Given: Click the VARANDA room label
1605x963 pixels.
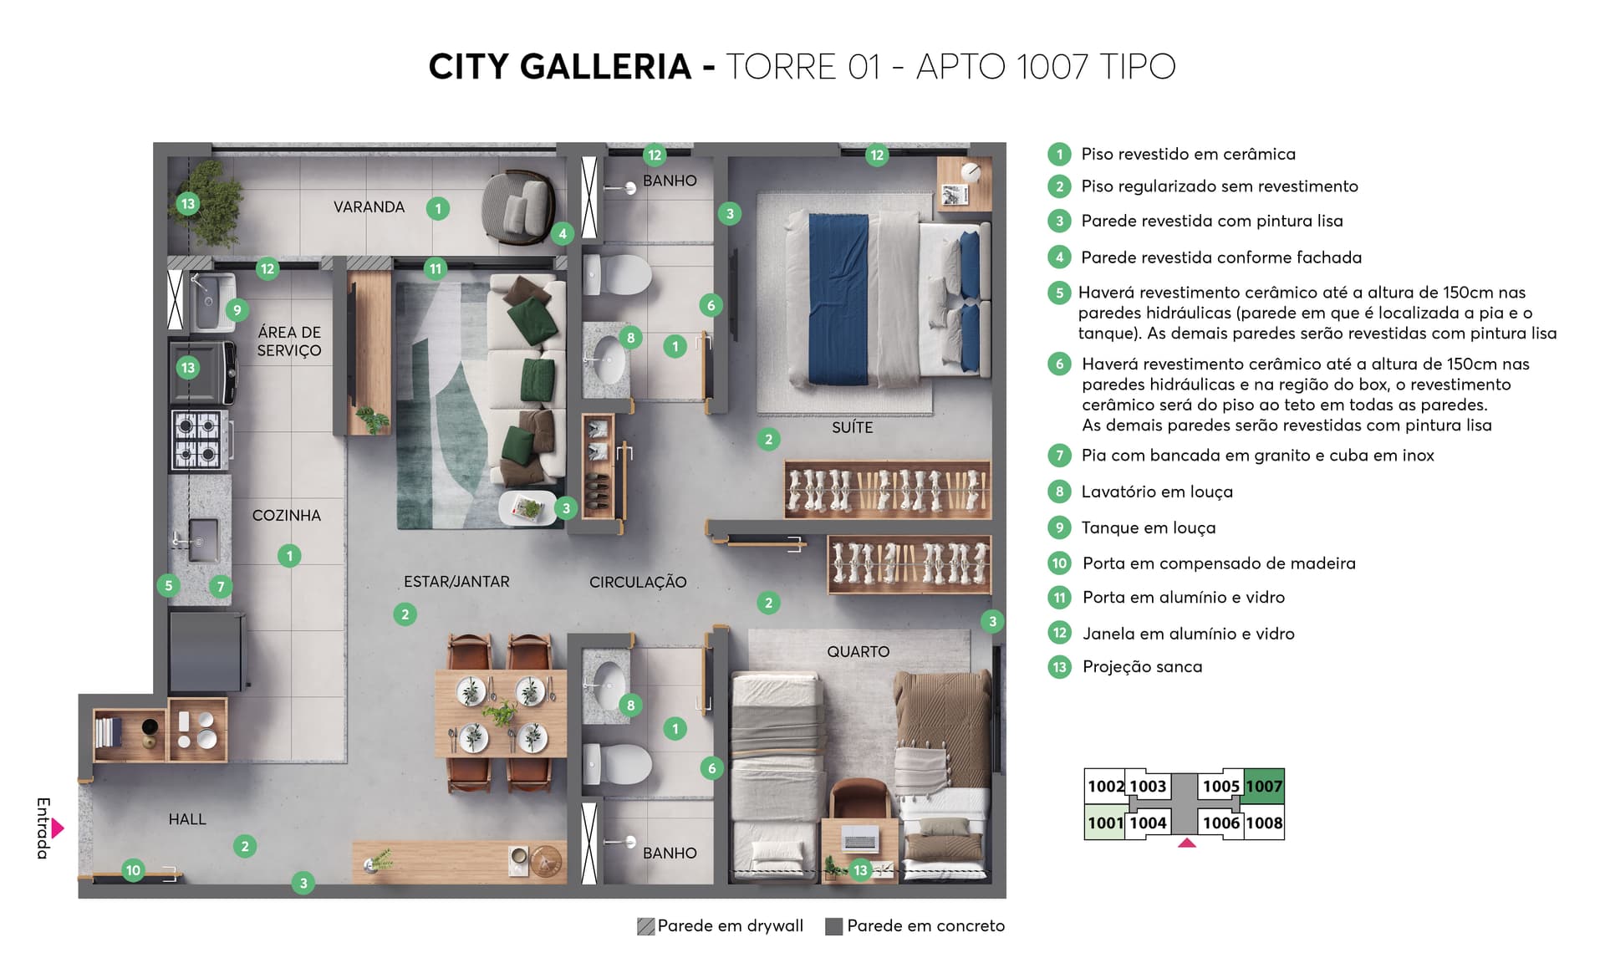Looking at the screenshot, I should pyautogui.click(x=369, y=207).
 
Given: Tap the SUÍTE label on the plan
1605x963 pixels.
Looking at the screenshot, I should pyautogui.click(x=852, y=427).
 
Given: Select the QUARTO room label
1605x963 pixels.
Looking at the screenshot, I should pyautogui.click(x=858, y=651).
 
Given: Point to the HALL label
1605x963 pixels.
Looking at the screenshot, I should pyautogui.click(x=187, y=819).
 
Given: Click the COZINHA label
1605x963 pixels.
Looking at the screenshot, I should pyautogui.click(x=287, y=516).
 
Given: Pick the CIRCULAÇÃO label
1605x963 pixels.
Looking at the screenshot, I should pyautogui.click(x=638, y=582).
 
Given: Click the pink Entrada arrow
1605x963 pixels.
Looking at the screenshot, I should pyautogui.click(x=58, y=828).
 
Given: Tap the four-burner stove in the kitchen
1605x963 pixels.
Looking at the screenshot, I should pyautogui.click(x=199, y=439).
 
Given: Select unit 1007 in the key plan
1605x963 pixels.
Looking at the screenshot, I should pyautogui.click(x=1263, y=786).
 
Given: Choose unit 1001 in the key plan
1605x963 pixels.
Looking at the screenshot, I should pyautogui.click(x=1104, y=823).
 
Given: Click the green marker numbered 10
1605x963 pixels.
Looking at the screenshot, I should pyautogui.click(x=133, y=870).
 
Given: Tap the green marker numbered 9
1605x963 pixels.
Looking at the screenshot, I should pyautogui.click(x=237, y=310).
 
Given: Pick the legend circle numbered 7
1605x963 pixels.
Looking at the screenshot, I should pyautogui.click(x=1059, y=456).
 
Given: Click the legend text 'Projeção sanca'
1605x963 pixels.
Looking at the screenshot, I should pyautogui.click(x=1142, y=667).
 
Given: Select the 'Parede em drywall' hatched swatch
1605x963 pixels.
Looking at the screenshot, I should pyautogui.click(x=645, y=926).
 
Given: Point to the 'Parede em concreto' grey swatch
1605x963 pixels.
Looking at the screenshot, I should pyautogui.click(x=833, y=926).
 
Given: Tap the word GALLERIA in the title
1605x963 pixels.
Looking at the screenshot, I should pyautogui.click(x=606, y=67).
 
